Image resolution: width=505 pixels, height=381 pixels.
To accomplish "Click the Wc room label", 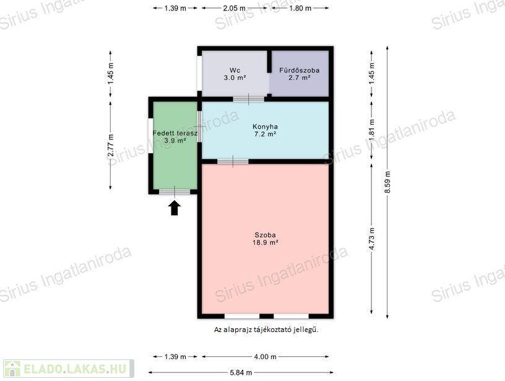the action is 235,70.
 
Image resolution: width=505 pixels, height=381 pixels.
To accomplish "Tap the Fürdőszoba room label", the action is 299,70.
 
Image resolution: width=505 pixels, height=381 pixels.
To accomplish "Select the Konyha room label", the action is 265,126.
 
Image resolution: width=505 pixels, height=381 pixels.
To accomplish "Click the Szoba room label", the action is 265,235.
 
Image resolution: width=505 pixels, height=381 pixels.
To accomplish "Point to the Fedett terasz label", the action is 175,133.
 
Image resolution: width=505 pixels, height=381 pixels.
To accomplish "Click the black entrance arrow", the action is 175,208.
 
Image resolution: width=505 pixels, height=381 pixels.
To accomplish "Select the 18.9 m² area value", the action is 265,242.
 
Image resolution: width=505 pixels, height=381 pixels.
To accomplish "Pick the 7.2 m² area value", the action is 265,134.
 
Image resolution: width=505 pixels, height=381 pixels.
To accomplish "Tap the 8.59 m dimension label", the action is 387,182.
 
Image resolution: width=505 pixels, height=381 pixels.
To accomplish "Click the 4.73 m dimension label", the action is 372,239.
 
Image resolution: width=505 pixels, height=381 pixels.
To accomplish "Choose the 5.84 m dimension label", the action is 241,372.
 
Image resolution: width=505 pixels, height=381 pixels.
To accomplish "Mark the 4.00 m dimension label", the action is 265,357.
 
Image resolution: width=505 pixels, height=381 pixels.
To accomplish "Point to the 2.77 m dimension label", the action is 110,146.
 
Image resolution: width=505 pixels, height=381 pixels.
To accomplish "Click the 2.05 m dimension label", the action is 234,8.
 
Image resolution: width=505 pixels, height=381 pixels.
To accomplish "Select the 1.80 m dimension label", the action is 300,8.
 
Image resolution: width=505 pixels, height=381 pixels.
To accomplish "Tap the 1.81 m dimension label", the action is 372,130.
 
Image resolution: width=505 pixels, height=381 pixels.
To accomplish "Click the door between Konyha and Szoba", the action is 233,161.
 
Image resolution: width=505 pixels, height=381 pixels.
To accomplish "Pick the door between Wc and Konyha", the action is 249,99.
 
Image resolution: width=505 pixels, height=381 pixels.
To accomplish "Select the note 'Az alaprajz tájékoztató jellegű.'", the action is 266,330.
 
